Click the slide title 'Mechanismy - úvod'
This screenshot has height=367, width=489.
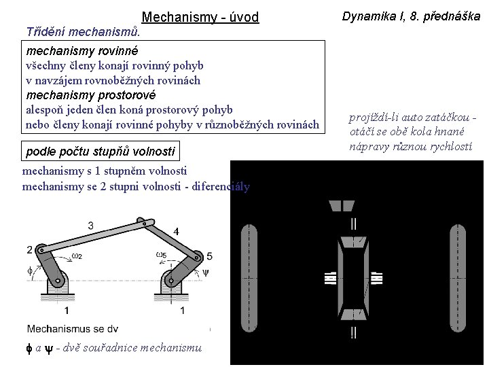click(x=200, y=17)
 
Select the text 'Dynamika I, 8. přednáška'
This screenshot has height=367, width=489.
click(x=411, y=16)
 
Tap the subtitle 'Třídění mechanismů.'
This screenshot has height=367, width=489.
click(x=83, y=32)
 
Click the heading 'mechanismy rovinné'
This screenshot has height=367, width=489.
click(x=82, y=51)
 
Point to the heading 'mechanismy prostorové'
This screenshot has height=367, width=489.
click(x=91, y=95)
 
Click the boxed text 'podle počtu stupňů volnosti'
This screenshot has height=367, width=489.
click(x=101, y=152)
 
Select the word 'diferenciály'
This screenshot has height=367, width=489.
click(x=221, y=186)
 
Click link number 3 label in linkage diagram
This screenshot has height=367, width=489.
click(x=91, y=226)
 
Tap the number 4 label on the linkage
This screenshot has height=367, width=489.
click(x=176, y=232)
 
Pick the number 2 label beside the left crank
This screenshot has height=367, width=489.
click(x=30, y=249)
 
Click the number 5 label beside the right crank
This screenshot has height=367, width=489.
click(x=210, y=256)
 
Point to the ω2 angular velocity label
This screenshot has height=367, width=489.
click(x=77, y=256)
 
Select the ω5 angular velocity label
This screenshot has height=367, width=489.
click(x=161, y=255)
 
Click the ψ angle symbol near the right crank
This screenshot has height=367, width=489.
click(x=206, y=273)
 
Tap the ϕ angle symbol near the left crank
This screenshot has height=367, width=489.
click(x=30, y=270)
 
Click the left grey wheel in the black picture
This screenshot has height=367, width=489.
click(x=249, y=278)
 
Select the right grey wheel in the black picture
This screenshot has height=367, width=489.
click(x=458, y=278)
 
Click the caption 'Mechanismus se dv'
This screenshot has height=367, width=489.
click(x=73, y=329)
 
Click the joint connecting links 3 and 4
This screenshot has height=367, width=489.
click(x=144, y=224)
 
